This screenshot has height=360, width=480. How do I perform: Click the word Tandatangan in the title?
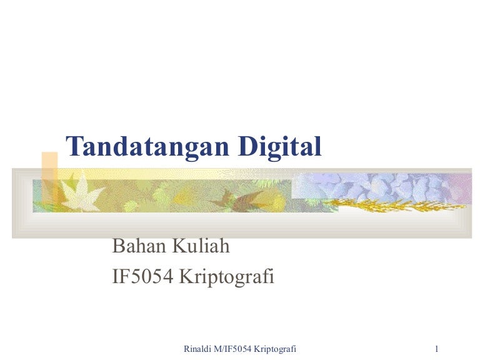pyautogui.click(x=149, y=146)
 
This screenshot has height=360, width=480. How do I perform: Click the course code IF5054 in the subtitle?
pyautogui.click(x=142, y=276)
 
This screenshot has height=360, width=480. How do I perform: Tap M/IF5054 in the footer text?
pyautogui.click(x=234, y=347)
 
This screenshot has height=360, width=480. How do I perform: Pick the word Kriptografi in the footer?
pyautogui.click(x=275, y=347)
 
